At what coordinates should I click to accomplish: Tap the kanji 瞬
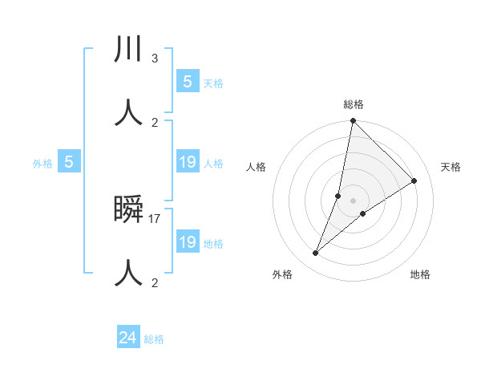point(128,210)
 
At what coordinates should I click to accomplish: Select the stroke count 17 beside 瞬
point(156,218)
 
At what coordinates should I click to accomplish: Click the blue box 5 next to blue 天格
point(188,82)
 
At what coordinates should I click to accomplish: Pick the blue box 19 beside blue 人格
point(188,163)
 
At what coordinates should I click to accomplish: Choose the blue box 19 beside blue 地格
point(188,242)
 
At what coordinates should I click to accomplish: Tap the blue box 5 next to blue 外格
point(69,162)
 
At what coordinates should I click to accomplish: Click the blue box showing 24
point(128,338)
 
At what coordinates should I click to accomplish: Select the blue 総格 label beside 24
point(155,339)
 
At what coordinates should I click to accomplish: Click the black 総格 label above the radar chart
point(354,104)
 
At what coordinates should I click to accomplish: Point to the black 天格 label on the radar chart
point(451,167)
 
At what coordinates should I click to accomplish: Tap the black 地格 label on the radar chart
point(420,274)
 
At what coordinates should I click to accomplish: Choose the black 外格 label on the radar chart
point(282,274)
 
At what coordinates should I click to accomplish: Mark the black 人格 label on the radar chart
point(257,167)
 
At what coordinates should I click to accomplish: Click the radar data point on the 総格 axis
point(353,121)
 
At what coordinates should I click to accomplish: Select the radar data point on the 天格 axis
point(414,180)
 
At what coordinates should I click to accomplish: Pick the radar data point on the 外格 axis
point(316,253)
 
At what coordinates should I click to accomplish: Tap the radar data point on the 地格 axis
point(363,213)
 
